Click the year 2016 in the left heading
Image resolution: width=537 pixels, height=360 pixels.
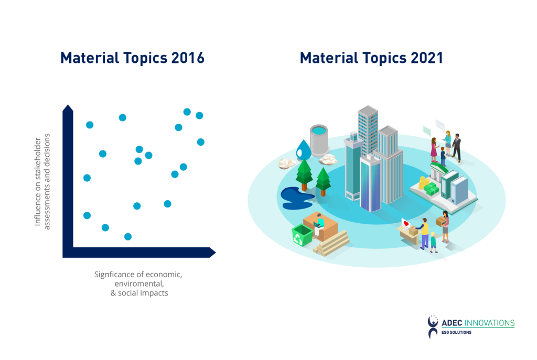(x=188, y=58)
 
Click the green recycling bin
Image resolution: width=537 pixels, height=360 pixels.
(x=302, y=236)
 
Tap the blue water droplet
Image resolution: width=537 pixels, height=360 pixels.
(x=303, y=149)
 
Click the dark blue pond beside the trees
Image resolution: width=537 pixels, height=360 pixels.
(x=296, y=196)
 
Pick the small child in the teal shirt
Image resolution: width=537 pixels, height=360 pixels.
(x=433, y=242)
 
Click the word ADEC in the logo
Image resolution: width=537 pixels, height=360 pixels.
(x=453, y=323)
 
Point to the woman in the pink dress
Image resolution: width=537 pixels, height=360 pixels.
(x=434, y=150)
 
